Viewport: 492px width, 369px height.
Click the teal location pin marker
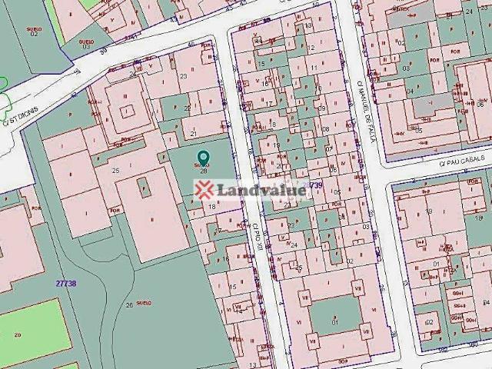pyautogui.click(x=204, y=157)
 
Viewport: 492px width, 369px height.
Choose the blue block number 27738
pyautogui.click(x=66, y=283)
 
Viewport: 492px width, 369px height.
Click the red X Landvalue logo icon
pyautogui.click(x=204, y=191)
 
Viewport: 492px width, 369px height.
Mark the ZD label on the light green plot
pyautogui.click(x=17, y=336)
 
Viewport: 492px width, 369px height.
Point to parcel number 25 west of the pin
pyautogui.click(x=116, y=170)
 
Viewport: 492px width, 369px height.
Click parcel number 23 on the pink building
pyautogui.click(x=183, y=75)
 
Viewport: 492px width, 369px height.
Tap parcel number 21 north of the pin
pyautogui.click(x=194, y=133)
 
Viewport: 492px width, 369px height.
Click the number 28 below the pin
pyautogui.click(x=204, y=171)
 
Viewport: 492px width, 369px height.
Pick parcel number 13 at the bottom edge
pyautogui.click(x=253, y=364)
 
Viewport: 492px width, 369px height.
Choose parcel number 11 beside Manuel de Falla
pyautogui.click(x=314, y=68)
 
